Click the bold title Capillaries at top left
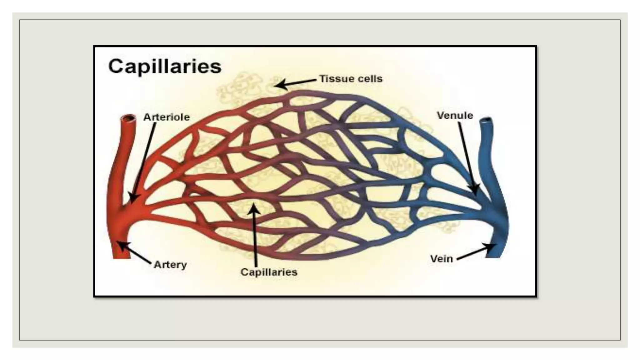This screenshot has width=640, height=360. (165, 67)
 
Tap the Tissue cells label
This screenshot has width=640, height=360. (351, 79)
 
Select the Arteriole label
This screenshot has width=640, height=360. (167, 117)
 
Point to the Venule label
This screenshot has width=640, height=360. (455, 116)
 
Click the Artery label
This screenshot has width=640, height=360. (170, 265)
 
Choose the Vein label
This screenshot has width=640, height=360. (441, 259)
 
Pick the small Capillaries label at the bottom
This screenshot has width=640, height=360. (269, 272)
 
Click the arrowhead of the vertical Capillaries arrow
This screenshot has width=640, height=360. (254, 207)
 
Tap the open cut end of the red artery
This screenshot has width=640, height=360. (129, 118)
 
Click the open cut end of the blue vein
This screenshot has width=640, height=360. (487, 120)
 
